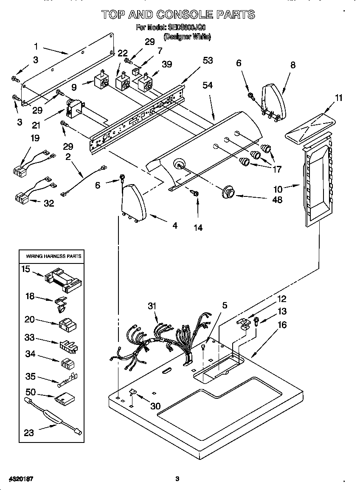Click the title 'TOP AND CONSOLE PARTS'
[x=178, y=15]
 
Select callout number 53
[x=208, y=61]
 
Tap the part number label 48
[x=277, y=199]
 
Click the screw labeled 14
[x=196, y=193]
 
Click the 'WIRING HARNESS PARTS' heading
[x=53, y=256]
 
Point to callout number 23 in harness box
[x=29, y=433]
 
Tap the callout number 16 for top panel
[x=282, y=325]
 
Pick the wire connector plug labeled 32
[x=21, y=198]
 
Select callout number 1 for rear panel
[x=36, y=46]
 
